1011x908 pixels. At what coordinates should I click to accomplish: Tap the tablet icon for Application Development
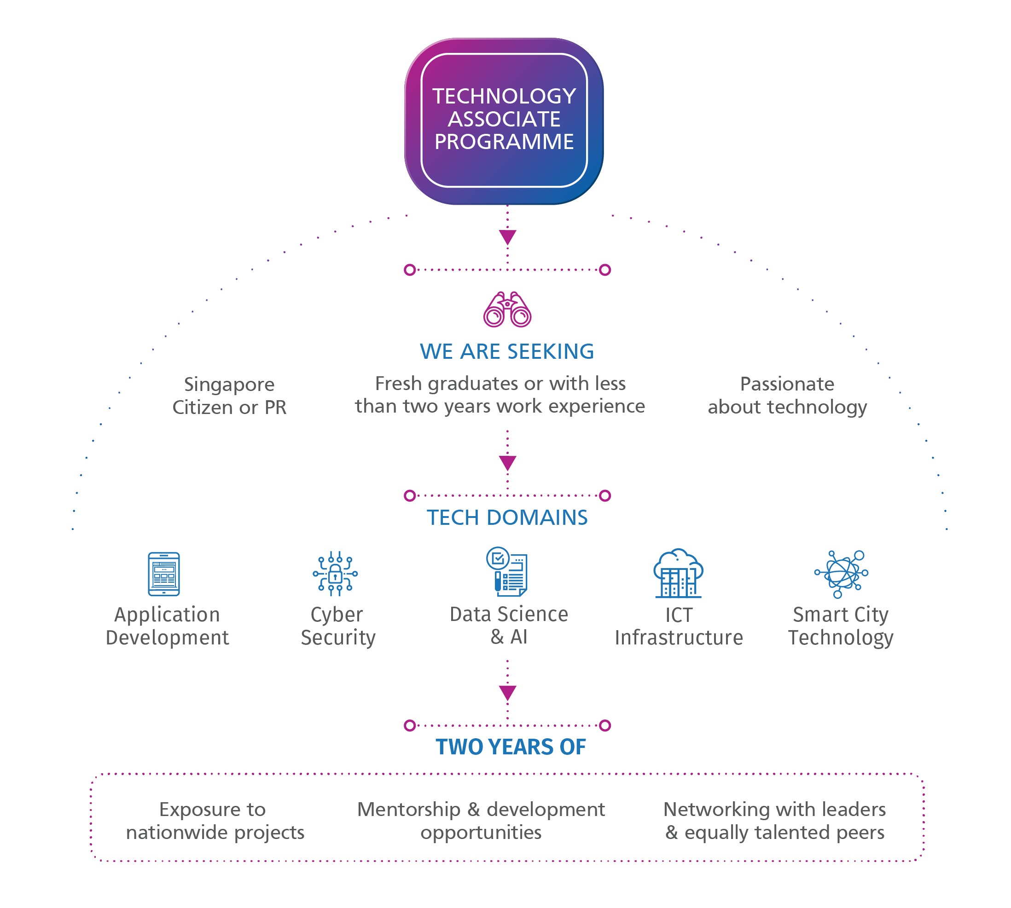point(164,574)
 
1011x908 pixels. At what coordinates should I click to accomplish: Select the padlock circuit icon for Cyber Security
point(336,574)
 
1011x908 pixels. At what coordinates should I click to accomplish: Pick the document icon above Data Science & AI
point(507,572)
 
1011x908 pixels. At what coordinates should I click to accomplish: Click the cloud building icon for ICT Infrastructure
point(678,573)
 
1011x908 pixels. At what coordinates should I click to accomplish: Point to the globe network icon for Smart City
point(842,574)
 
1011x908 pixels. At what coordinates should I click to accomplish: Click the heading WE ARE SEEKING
point(507,352)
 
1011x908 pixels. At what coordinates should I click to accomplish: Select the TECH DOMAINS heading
point(507,517)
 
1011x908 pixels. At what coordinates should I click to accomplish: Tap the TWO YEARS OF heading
point(510,747)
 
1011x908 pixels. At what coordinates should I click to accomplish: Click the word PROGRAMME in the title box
point(504,142)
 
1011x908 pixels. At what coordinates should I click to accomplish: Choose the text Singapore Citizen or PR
point(230,396)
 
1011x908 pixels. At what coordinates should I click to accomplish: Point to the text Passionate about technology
point(787,396)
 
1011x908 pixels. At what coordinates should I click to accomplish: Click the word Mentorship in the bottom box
point(409,809)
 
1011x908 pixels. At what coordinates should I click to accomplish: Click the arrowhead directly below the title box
point(508,237)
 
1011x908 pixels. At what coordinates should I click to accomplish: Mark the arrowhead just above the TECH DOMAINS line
point(508,463)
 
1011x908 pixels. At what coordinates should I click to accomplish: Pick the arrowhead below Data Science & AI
point(508,692)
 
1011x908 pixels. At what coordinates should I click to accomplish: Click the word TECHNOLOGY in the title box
point(504,96)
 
